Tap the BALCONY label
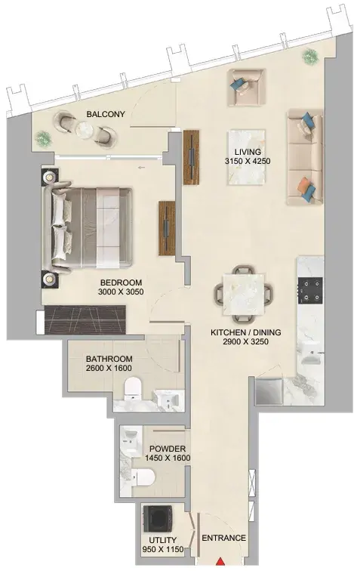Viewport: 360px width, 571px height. coord(106,114)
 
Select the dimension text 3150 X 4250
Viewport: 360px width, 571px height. coord(248,161)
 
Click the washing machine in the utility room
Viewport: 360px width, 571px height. coord(158,518)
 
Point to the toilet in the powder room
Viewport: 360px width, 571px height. coord(143,477)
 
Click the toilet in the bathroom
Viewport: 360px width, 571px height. coord(133,388)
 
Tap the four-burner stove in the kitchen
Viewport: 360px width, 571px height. coord(310,290)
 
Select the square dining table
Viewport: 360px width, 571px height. coord(243,295)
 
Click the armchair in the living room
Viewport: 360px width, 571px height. coord(246,88)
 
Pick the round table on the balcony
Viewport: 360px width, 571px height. coord(85,129)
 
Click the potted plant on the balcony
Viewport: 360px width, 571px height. coord(43,138)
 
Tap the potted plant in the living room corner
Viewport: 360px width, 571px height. coord(310,56)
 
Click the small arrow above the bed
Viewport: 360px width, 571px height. coord(142,168)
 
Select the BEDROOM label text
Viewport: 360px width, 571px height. coord(121,282)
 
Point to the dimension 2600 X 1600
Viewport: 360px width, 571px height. coord(109,368)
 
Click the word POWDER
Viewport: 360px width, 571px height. coord(168,449)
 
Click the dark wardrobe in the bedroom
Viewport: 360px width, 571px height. coord(85,319)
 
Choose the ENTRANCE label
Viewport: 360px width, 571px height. coord(223,538)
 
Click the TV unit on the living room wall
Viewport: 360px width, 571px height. coord(191,156)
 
